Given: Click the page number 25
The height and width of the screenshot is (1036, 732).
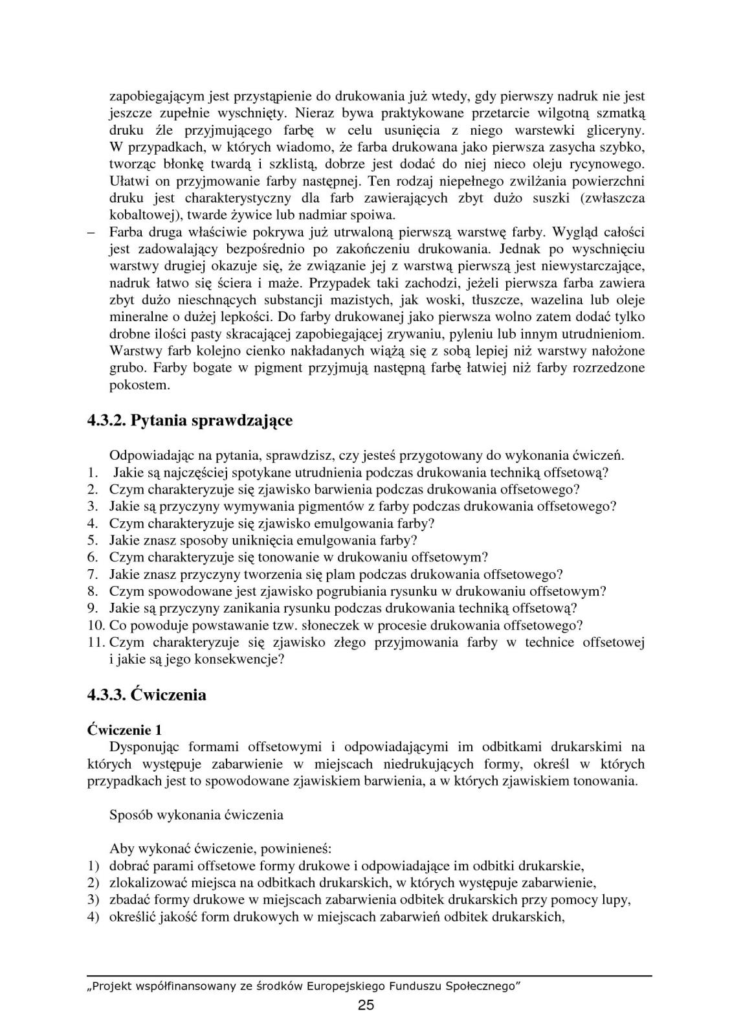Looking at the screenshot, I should pyautogui.click(x=366, y=1005).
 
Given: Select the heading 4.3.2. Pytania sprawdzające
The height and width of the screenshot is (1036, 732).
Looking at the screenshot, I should pyautogui.click(x=190, y=420).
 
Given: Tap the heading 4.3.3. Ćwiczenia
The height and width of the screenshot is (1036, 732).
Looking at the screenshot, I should pyautogui.click(x=147, y=695).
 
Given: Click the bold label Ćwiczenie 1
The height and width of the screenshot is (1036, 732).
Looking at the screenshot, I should pyautogui.click(x=124, y=730).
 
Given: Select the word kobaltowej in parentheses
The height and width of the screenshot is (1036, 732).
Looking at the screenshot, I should pyautogui.click(x=140, y=214).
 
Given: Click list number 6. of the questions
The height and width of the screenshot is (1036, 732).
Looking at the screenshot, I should pyautogui.click(x=93, y=557).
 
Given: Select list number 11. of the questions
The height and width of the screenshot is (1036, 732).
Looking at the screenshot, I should pyautogui.click(x=96, y=642).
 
